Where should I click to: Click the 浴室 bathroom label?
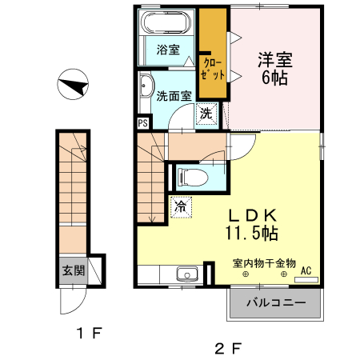(x=167, y=49)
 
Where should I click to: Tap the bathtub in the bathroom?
(x=166, y=23)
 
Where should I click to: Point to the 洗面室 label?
(x=174, y=96)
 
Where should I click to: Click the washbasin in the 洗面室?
(x=146, y=88)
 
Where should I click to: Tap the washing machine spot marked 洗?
(x=206, y=114)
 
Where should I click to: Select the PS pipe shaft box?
(x=142, y=122)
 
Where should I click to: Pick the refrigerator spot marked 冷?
(x=180, y=205)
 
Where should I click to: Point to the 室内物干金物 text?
(x=265, y=262)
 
